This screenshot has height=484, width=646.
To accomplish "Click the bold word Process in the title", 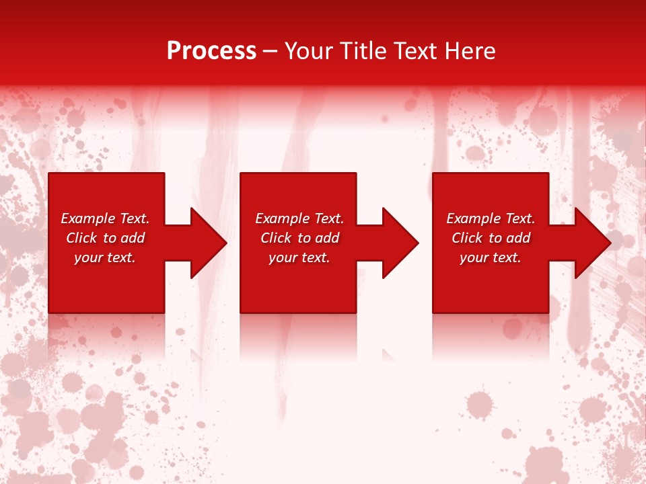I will point(211,52).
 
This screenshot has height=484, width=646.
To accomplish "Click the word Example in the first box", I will point(87,218).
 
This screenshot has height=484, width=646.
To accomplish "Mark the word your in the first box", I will point(88,258).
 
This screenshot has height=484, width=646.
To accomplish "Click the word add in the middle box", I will point(327,238).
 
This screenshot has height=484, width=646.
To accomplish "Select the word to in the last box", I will point(496,238).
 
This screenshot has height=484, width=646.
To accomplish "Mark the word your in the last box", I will point(474,258).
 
